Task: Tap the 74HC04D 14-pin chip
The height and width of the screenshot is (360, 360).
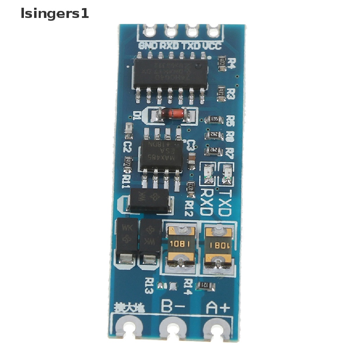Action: (168, 73)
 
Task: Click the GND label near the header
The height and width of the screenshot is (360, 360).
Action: (149, 45)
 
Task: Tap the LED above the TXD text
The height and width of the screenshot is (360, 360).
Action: (226, 174)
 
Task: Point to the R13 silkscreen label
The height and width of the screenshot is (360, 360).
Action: (149, 286)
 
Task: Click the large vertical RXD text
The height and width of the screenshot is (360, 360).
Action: (207, 202)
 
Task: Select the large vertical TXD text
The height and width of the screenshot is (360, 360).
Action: (225, 202)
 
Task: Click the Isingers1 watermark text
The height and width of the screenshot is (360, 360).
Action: (54, 14)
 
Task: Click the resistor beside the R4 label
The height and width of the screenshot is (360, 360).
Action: (222, 62)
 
